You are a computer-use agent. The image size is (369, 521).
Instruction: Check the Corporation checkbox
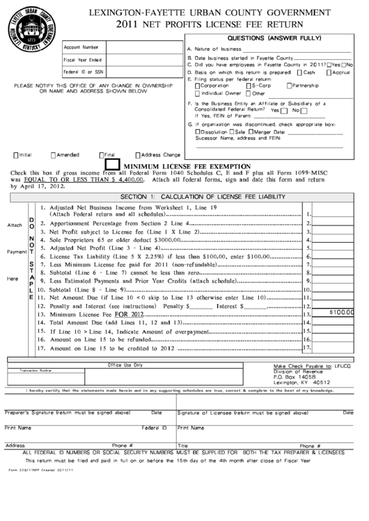198,86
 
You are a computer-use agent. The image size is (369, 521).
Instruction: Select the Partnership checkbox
289,86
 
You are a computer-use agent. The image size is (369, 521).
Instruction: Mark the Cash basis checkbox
300,72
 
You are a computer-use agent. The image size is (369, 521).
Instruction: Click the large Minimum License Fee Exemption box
112,166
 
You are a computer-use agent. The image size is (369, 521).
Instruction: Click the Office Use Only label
126,364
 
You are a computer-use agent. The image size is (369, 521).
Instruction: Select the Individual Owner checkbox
198,93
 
